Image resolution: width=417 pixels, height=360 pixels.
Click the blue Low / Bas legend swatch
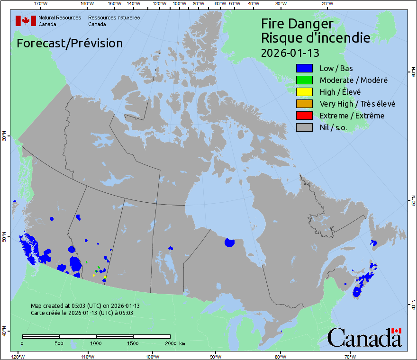click(x=304, y=69)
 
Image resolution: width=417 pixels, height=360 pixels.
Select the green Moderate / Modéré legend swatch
click(x=304, y=80)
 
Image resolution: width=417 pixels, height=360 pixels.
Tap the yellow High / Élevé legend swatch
click(x=304, y=92)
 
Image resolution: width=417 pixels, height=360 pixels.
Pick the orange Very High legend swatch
click(x=304, y=104)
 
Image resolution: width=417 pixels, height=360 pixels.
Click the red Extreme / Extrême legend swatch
click(x=304, y=116)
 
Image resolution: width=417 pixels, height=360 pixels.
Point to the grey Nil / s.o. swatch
click(x=304, y=127)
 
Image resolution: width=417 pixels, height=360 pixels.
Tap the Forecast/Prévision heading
click(x=70, y=43)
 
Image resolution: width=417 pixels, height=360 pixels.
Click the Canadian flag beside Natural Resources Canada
click(x=26, y=21)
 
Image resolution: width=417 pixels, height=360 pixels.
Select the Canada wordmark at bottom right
click(x=364, y=338)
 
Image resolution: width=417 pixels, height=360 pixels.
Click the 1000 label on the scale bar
click(x=96, y=343)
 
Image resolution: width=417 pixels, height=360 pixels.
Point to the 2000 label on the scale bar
click(x=170, y=343)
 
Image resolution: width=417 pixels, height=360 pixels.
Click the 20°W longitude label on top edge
click(x=326, y=4)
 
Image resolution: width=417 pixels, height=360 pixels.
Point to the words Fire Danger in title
click(x=297, y=24)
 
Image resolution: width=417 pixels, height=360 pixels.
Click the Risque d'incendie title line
click(x=316, y=38)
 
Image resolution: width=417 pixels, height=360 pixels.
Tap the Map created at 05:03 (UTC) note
click(x=85, y=306)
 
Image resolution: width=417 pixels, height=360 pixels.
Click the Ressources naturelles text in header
click(x=114, y=18)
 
